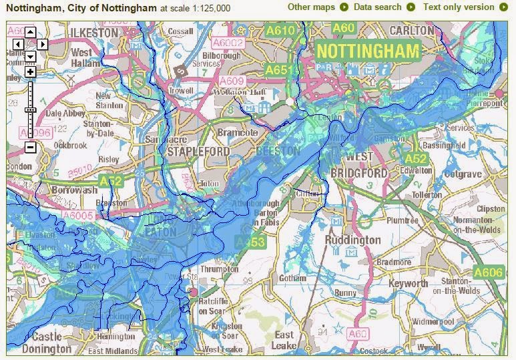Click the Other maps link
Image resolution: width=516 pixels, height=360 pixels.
(x=311, y=7)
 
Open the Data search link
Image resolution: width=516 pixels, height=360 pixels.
(x=378, y=7)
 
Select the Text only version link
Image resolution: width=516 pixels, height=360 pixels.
(x=459, y=7)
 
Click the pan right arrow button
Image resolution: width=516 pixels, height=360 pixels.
(x=42, y=44)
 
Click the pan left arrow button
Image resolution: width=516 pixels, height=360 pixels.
(x=18, y=44)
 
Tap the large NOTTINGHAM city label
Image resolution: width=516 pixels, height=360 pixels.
(x=368, y=51)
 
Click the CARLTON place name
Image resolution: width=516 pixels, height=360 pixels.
(x=411, y=31)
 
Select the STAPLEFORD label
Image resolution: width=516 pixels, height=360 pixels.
(x=198, y=152)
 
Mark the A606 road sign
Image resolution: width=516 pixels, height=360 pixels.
(x=487, y=272)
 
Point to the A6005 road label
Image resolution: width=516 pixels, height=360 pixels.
(x=77, y=214)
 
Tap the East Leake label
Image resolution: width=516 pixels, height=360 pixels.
(x=284, y=340)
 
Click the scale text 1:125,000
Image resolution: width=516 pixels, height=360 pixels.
(x=206, y=8)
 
